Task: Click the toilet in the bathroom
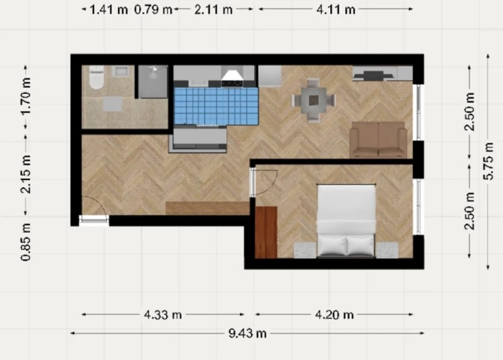96,77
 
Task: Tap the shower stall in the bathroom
153,82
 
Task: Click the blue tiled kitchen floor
216,106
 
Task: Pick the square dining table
314,100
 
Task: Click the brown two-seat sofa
378,139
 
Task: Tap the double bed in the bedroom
346,221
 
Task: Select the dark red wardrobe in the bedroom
266,233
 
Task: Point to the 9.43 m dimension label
248,334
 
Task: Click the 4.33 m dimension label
163,314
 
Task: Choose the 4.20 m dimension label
334,314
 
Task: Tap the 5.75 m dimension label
488,161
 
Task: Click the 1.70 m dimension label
26,96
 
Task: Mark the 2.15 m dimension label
26,174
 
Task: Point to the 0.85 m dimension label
26,242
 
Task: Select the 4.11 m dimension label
336,10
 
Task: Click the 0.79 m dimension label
153,10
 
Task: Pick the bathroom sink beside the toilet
120,71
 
